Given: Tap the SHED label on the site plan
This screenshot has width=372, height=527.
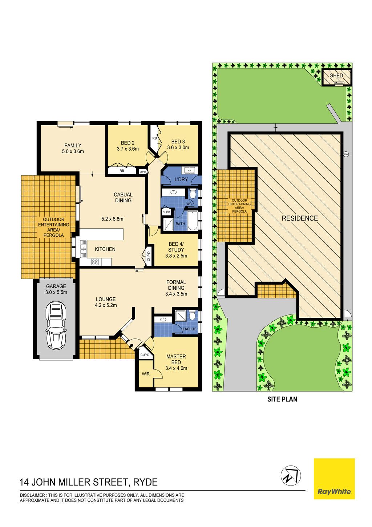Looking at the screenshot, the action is coord(336,76).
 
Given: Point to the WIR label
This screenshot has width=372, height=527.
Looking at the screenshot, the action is coord(146,374).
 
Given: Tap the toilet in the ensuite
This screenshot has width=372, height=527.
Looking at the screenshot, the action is coord(192,316).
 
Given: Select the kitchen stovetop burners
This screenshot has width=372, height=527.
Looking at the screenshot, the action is coord(95,262).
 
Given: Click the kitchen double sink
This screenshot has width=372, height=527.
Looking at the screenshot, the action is coord(83,249).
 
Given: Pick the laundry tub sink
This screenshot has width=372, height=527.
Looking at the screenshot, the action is coord(190,170).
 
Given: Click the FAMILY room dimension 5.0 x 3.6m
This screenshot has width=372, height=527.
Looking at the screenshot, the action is coord(73,151).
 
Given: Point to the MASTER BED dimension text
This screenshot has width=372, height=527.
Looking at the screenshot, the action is coord(176,368).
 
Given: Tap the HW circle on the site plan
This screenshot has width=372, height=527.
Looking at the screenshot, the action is coord(346,154).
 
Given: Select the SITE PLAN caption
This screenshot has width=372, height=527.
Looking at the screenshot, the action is coord(282,399).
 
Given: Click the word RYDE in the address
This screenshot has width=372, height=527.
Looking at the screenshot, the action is coord(145,482).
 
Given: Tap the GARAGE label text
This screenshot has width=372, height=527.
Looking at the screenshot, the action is coord(56,286).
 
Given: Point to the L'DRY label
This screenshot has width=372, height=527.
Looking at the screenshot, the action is coord(181,179).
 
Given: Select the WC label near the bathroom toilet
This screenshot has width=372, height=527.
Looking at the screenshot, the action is coord(189,204).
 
